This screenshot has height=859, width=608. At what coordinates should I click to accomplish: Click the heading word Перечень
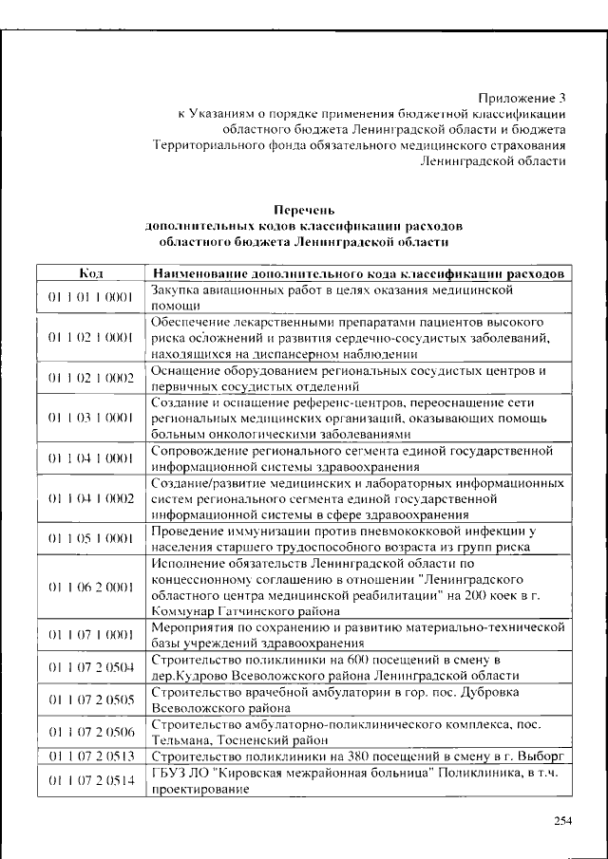point(304,209)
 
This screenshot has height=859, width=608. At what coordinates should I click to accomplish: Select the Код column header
point(91,274)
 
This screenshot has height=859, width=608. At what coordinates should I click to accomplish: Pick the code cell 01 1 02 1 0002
point(91,378)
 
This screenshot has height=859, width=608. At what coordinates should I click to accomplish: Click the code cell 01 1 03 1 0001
point(91,418)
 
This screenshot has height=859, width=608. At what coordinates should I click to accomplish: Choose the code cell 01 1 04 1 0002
point(91,498)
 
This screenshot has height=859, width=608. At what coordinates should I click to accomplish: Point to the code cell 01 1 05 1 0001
point(91,538)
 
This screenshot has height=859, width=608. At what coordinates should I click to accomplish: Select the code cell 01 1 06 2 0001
point(91,587)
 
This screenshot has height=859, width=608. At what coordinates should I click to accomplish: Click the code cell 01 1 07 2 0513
point(91,756)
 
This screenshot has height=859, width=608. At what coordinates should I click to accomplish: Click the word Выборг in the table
point(542,756)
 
